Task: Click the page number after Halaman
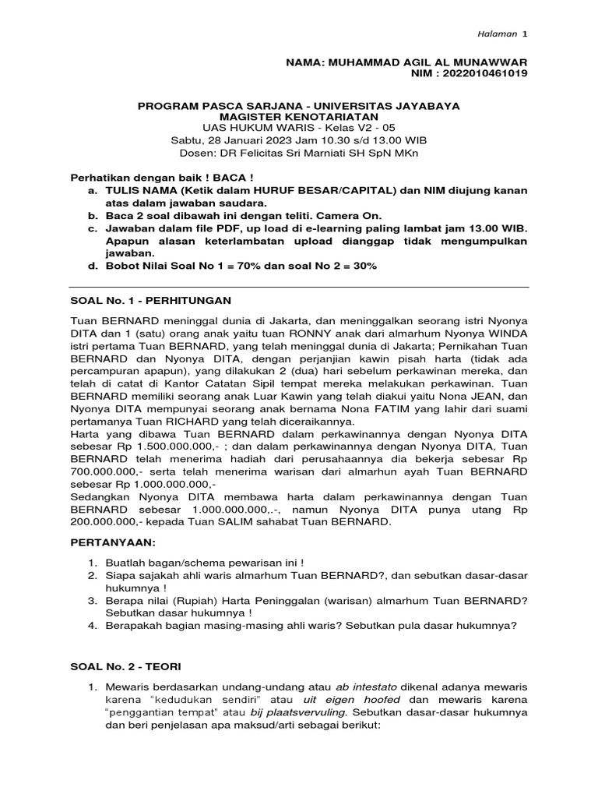pyautogui.click(x=525, y=35)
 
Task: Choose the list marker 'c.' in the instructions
pyautogui.click(x=93, y=228)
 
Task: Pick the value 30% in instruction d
pyautogui.click(x=361, y=266)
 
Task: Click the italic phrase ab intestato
pyautogui.click(x=366, y=687)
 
